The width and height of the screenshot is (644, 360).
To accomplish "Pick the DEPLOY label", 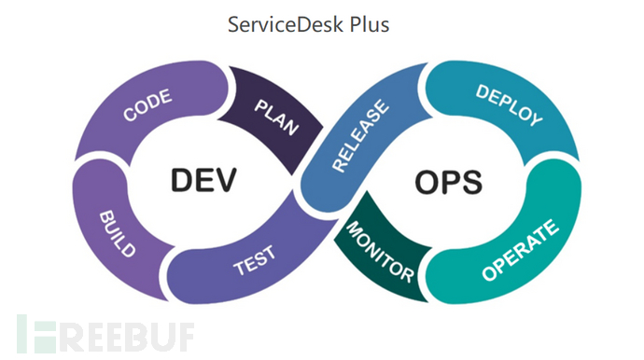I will coord(508,105).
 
